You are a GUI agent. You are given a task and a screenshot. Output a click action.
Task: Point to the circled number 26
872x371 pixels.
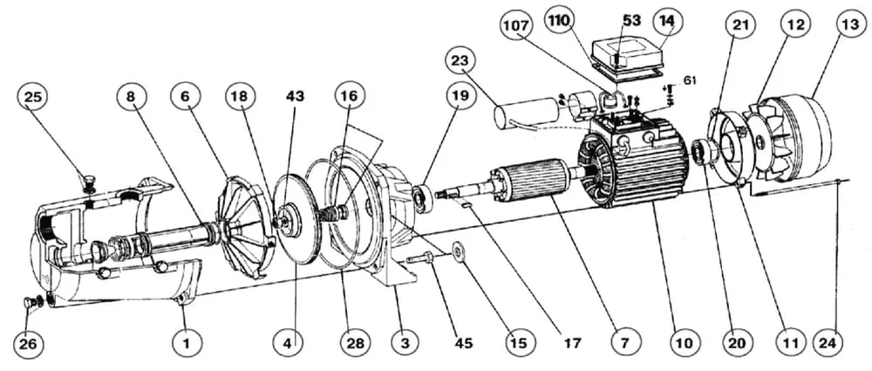pyautogui.click(x=30, y=345)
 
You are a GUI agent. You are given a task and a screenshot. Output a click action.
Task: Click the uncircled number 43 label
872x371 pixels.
pyautogui.click(x=295, y=97)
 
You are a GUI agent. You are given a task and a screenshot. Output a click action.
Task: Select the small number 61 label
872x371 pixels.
pyautogui.click(x=690, y=79)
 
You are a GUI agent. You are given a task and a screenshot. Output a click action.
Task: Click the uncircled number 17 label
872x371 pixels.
pyautogui.click(x=572, y=344)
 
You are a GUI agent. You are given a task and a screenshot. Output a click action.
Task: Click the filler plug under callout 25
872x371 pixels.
pyautogui.click(x=88, y=183)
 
